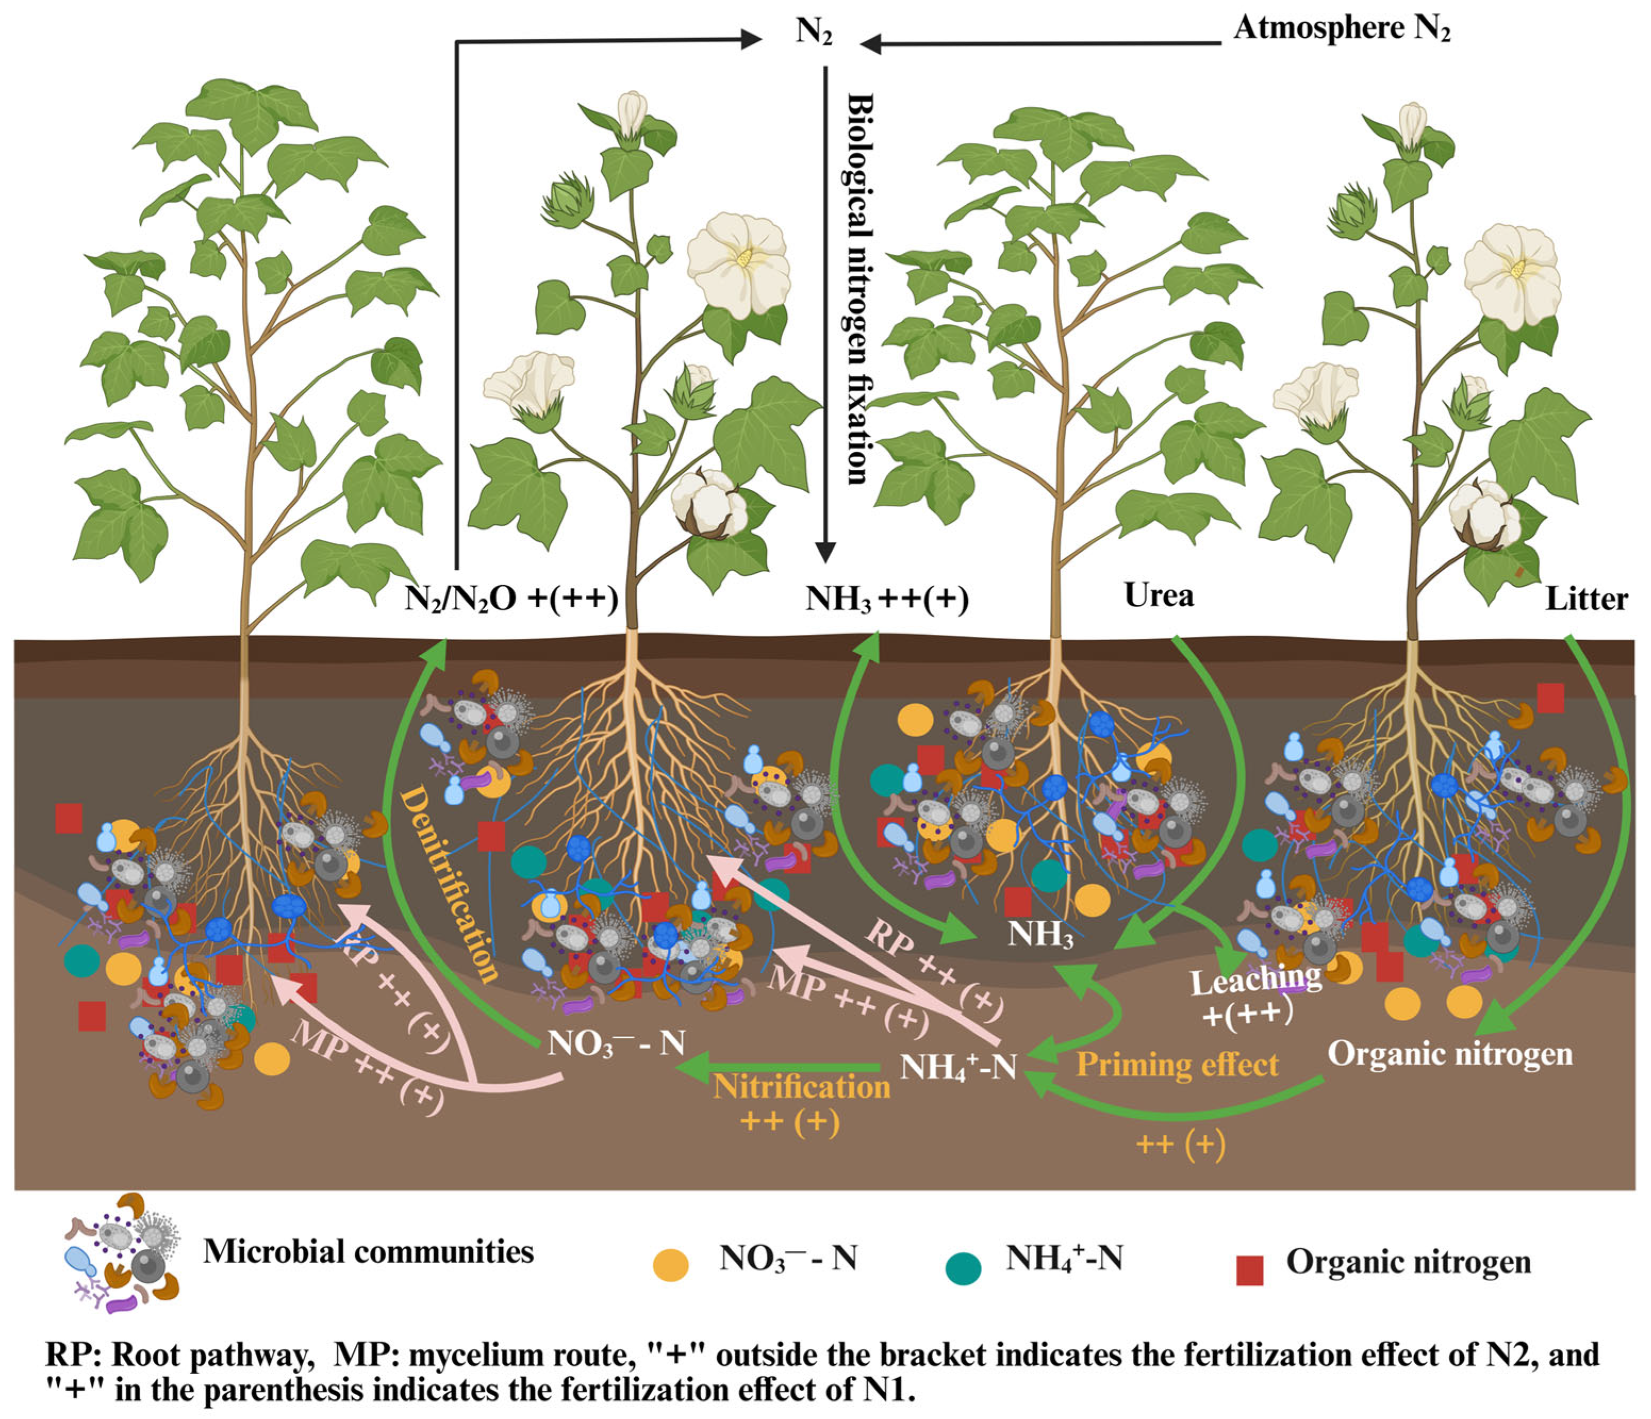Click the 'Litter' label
tap(1586, 599)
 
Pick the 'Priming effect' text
tap(1177, 1065)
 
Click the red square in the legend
tap(1249, 1270)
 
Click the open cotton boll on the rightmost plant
tap(1484, 516)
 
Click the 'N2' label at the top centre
tap(814, 32)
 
